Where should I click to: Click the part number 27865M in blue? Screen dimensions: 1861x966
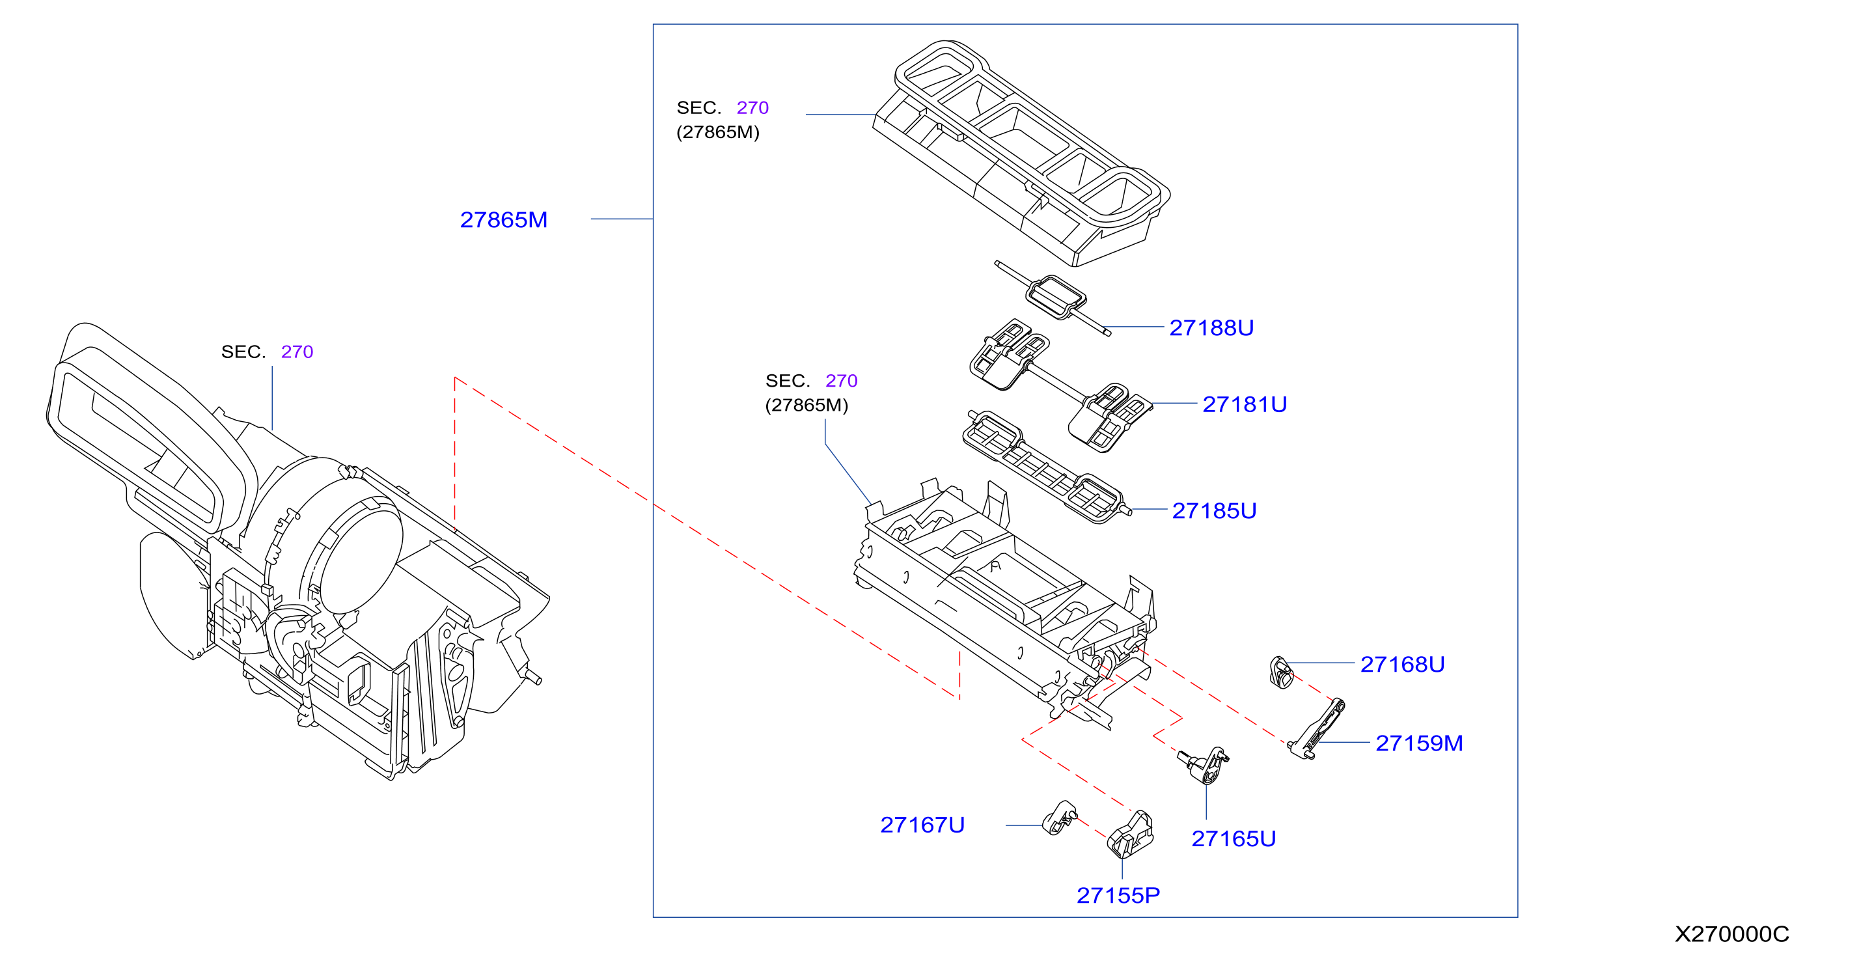(x=504, y=219)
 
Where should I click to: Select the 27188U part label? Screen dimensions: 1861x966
(x=1211, y=328)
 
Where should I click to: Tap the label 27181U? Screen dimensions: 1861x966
(x=1245, y=405)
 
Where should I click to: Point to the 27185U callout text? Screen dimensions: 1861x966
(x=1215, y=511)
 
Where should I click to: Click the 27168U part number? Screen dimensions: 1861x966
(x=1403, y=664)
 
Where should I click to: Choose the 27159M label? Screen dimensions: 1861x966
(x=1420, y=743)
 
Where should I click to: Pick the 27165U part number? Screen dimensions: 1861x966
(x=1234, y=839)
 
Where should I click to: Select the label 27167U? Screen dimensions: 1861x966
(x=922, y=825)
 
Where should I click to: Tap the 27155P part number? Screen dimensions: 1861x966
(x=1118, y=896)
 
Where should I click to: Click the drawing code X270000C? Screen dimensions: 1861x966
(x=1732, y=934)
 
